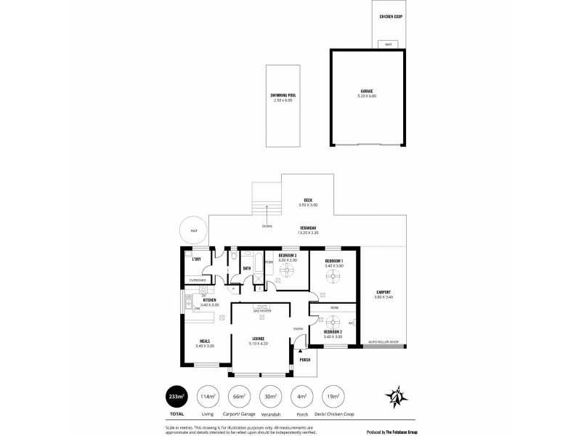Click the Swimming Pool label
(x=283, y=94)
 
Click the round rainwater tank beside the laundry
(x=193, y=231)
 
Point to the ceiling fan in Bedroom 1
(x=334, y=276)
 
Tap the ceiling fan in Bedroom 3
(x=287, y=271)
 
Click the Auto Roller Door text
(x=383, y=342)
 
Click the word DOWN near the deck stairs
(x=268, y=226)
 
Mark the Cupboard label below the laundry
(x=198, y=280)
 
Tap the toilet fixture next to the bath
(x=234, y=257)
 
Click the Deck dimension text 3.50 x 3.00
(x=308, y=205)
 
